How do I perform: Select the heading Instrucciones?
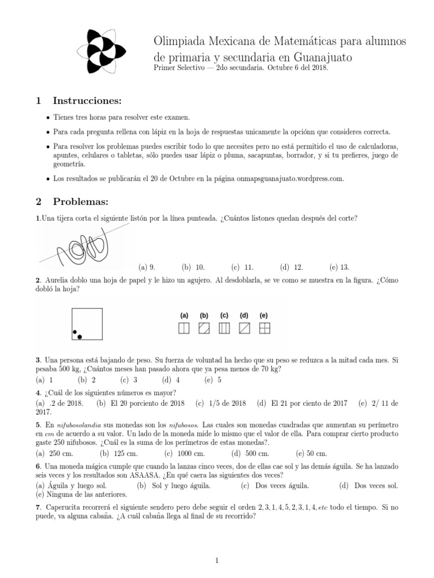pyautogui.click(x=87, y=101)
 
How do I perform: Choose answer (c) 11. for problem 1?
pyautogui.click(x=242, y=267)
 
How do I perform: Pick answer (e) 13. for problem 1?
pyautogui.click(x=340, y=267)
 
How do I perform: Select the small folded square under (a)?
pyautogui.click(x=184, y=329)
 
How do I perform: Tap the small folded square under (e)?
pyautogui.click(x=264, y=329)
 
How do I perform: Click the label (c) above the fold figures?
pyautogui.click(x=224, y=315)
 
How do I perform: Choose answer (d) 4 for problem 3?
pyautogui.click(x=171, y=380)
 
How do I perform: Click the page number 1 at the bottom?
pyautogui.click(x=217, y=560)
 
